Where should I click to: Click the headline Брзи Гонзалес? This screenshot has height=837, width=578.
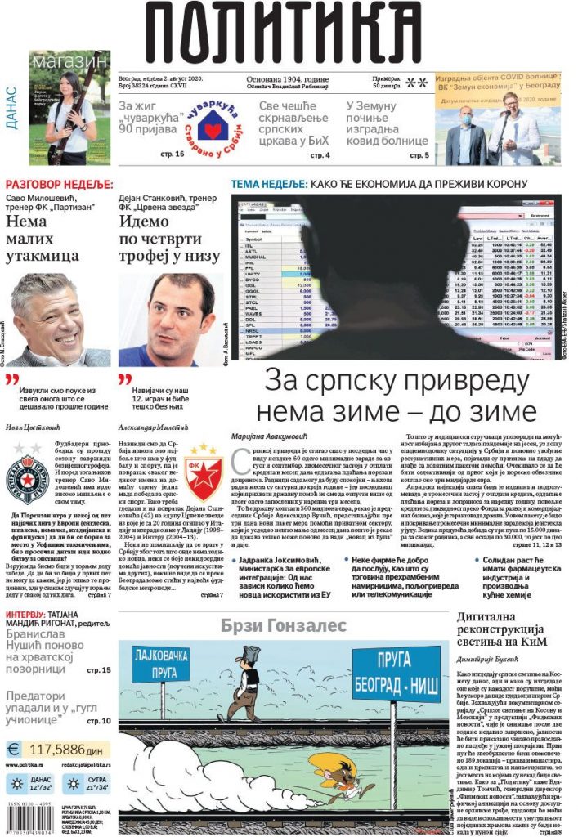(x=284, y=626)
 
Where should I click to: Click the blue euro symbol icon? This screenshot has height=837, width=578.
(x=14, y=749)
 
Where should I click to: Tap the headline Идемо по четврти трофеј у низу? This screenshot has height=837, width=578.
(x=168, y=239)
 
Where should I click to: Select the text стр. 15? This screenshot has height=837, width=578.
(x=98, y=670)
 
